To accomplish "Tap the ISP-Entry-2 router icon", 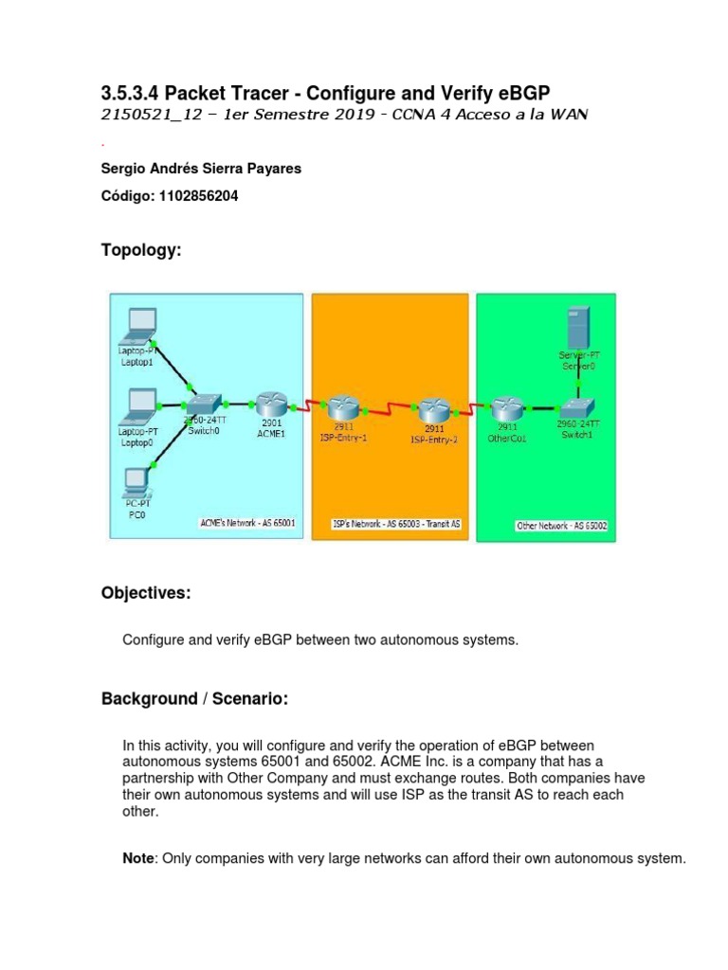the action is (x=433, y=409).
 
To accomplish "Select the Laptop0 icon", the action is (x=138, y=407).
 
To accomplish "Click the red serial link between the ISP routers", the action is (x=388, y=409).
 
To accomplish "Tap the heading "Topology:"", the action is (x=140, y=250).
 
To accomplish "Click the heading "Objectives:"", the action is (x=146, y=593).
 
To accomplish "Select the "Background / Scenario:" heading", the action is (x=194, y=699).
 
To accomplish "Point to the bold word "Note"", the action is (x=137, y=858).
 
